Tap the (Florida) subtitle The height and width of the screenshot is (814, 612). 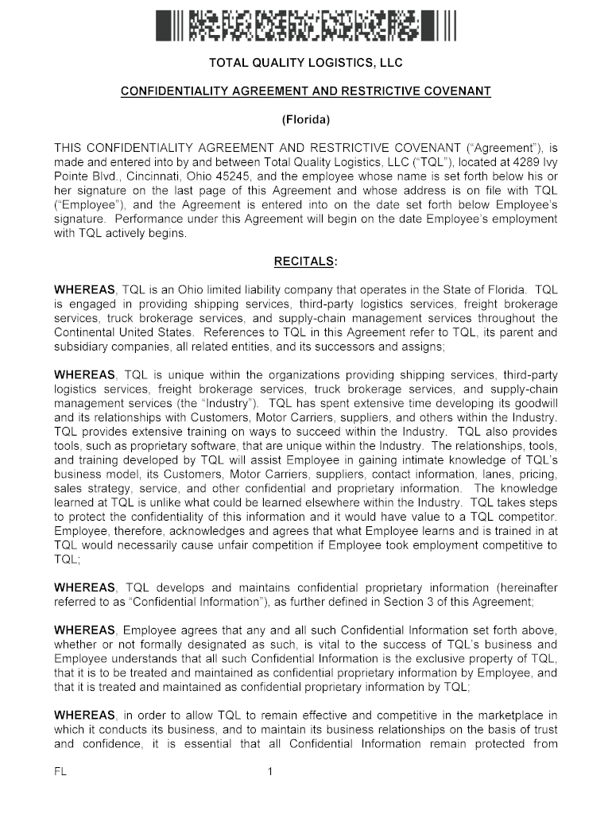pyautogui.click(x=306, y=120)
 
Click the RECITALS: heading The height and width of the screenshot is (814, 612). pyautogui.click(x=306, y=261)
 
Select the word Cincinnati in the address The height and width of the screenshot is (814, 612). pyautogui.click(x=137, y=176)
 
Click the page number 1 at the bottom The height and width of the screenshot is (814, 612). pyautogui.click(x=270, y=771)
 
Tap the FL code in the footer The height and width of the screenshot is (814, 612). pyautogui.click(x=61, y=771)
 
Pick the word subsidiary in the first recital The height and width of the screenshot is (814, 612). pyautogui.click(x=84, y=346)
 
